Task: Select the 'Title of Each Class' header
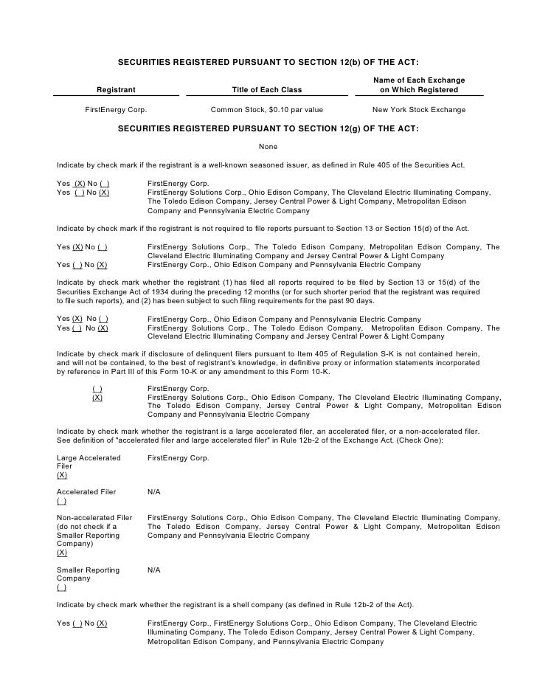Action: pyautogui.click(x=266, y=90)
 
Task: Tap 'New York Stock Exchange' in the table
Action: pyautogui.click(x=418, y=110)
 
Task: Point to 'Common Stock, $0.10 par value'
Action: pyautogui.click(x=266, y=110)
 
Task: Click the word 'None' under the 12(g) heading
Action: pyautogui.click(x=268, y=147)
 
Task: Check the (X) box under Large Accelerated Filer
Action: pyautogui.click(x=62, y=476)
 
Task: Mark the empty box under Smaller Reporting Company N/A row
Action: pyautogui.click(x=61, y=588)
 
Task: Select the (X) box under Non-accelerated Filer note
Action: pyautogui.click(x=62, y=552)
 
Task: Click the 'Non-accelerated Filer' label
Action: pyautogui.click(x=94, y=517)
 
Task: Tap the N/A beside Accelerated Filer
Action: pyautogui.click(x=153, y=491)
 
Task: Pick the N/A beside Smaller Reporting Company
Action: pyautogui.click(x=153, y=570)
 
